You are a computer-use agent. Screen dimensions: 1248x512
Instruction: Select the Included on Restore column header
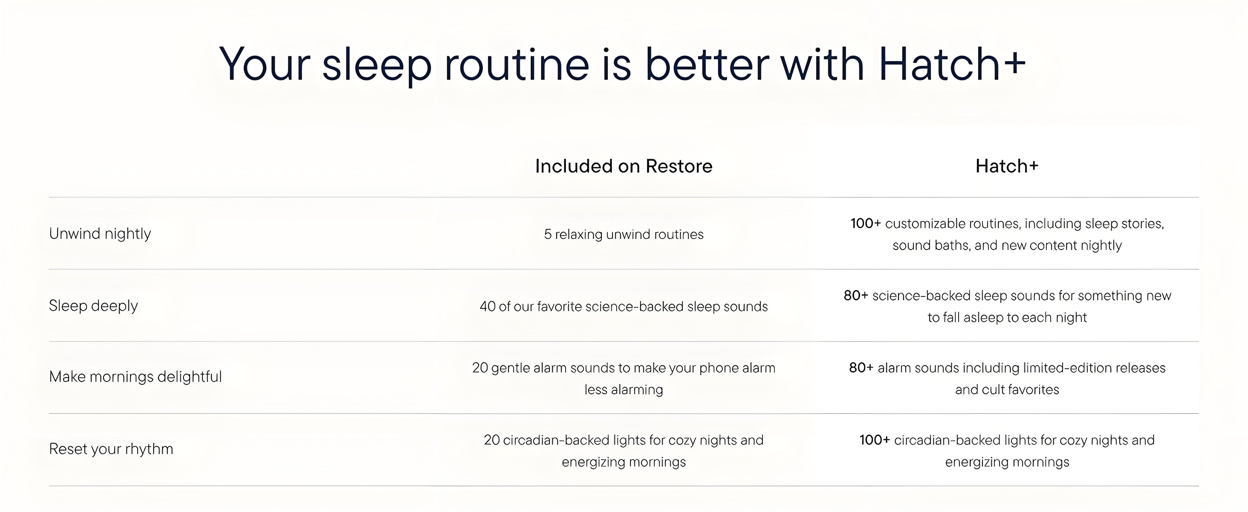pos(624,166)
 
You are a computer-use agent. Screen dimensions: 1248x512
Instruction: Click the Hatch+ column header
pos(1007,166)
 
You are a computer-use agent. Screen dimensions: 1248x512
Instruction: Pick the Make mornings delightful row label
pos(135,377)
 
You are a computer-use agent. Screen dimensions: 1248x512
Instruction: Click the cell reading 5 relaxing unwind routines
pos(624,235)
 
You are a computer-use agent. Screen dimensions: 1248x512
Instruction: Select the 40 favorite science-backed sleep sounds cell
pos(624,306)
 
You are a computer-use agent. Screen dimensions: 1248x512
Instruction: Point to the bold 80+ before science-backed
pos(856,296)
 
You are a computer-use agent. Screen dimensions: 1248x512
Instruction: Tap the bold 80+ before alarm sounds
pos(861,368)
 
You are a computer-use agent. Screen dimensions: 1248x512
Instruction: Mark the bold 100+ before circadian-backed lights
pos(875,440)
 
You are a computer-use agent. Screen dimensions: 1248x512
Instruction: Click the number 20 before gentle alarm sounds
pos(480,368)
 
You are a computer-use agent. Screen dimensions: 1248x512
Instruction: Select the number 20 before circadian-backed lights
pos(491,440)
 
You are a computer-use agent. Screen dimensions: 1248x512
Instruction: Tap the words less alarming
pos(624,390)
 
